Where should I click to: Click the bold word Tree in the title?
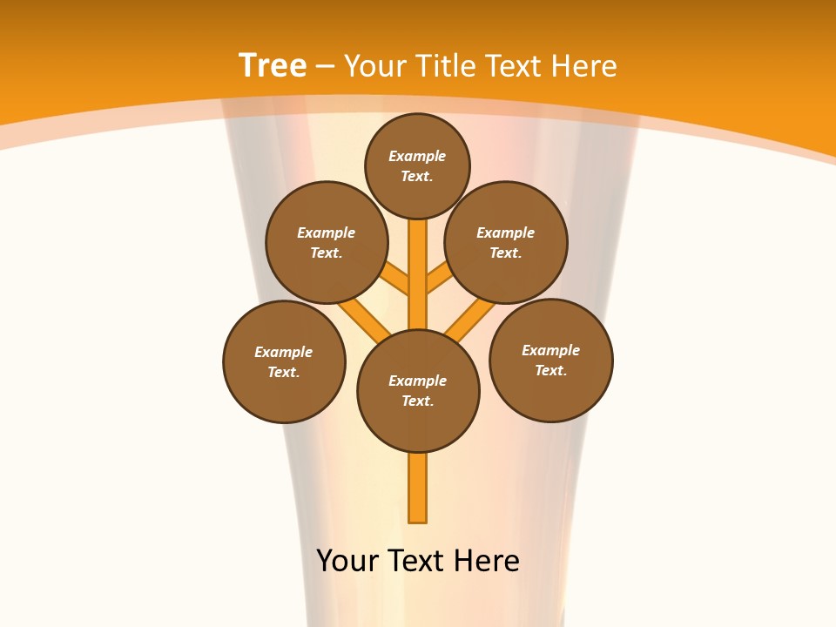[x=273, y=66]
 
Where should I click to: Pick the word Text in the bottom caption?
[x=419, y=561]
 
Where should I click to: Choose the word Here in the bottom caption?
[x=487, y=561]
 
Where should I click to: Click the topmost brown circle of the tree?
[x=417, y=165]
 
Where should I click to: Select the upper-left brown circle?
[x=327, y=242]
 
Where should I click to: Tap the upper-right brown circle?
[x=506, y=242]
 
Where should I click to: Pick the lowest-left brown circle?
[x=284, y=361]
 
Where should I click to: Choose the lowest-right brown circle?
[x=551, y=360]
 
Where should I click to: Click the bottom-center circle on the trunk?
[x=418, y=391]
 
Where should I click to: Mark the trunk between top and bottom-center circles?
[x=418, y=274]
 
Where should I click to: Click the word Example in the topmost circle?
[x=417, y=156]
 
